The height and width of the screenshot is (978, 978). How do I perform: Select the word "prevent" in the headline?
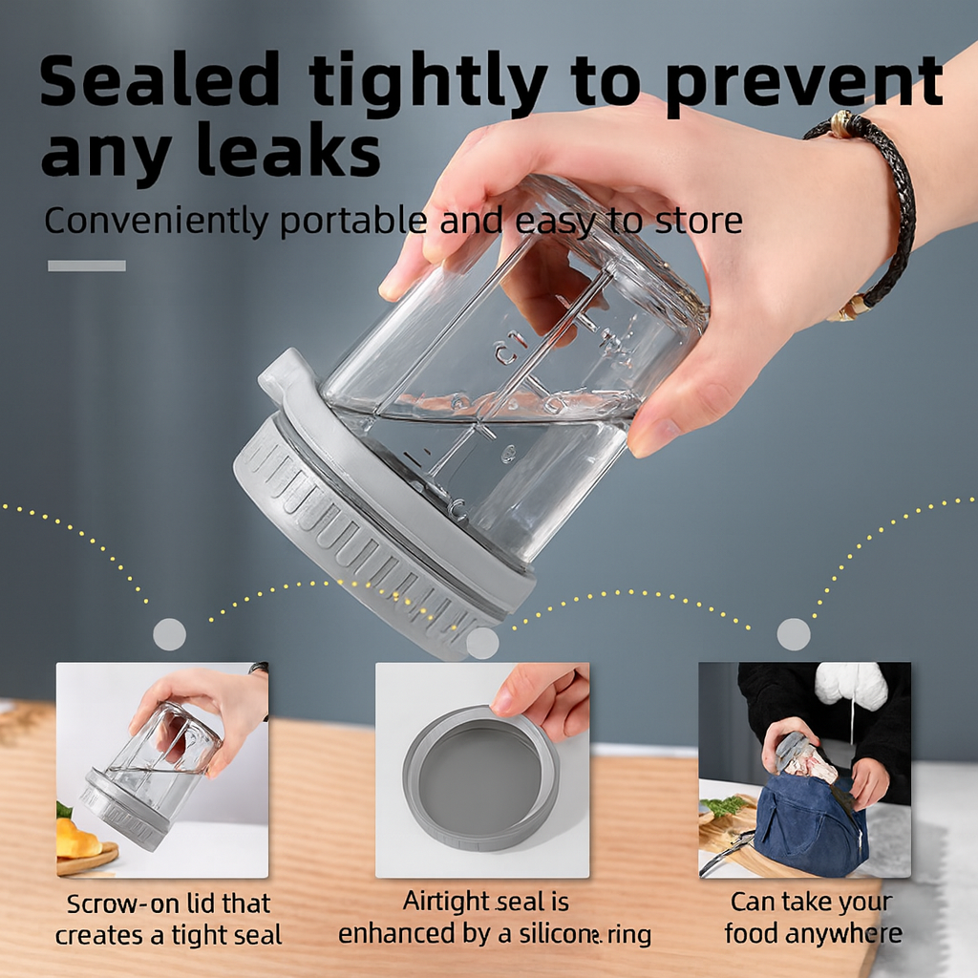[x=805, y=84]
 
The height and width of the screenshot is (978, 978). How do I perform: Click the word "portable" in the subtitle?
[x=354, y=222]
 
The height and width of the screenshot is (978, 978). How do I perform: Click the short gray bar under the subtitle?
[x=87, y=266]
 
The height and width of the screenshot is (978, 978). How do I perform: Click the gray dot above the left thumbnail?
[x=170, y=634]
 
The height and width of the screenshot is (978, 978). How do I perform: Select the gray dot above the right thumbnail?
[x=794, y=634]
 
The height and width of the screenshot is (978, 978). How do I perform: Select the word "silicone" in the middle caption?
[x=560, y=934]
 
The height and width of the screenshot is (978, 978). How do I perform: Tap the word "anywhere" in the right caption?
[x=843, y=934]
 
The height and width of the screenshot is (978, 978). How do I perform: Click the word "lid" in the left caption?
[x=199, y=904]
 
